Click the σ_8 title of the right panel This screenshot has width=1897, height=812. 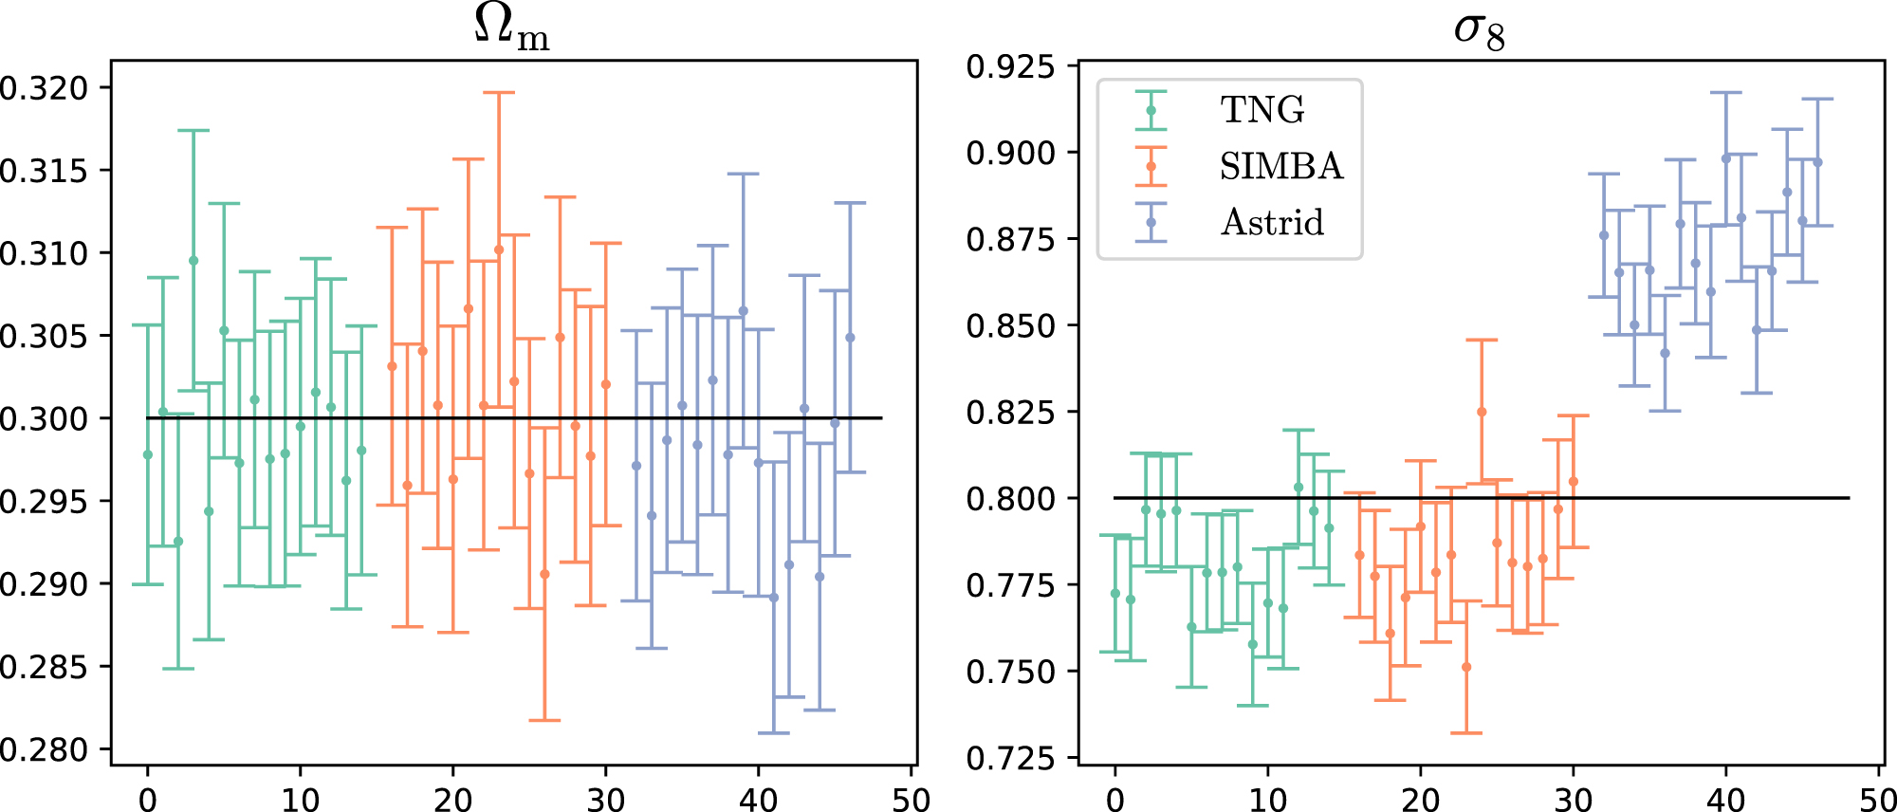coord(1479,30)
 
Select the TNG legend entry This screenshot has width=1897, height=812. coord(1262,110)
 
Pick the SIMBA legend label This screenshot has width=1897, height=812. coord(1280,166)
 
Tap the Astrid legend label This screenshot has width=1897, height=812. coord(1272,222)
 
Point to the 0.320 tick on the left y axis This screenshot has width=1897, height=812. coord(43,88)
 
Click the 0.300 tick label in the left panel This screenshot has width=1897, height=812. coord(43,418)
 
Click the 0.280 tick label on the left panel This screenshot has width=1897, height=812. coord(43,749)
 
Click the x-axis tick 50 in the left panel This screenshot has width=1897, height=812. coord(912,799)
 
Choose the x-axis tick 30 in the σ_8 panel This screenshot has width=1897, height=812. coord(1574,799)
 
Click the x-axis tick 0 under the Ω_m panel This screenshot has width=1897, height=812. coord(148,799)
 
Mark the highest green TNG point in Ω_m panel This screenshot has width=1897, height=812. coord(193,260)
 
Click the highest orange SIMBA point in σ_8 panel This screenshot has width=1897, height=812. coord(1482,412)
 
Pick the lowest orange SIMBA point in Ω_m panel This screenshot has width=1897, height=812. coord(544,574)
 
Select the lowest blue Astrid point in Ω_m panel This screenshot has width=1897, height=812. coord(774,598)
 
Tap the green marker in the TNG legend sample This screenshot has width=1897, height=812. coord(1151,110)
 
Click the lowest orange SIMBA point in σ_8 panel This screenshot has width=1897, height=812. coord(1466,667)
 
